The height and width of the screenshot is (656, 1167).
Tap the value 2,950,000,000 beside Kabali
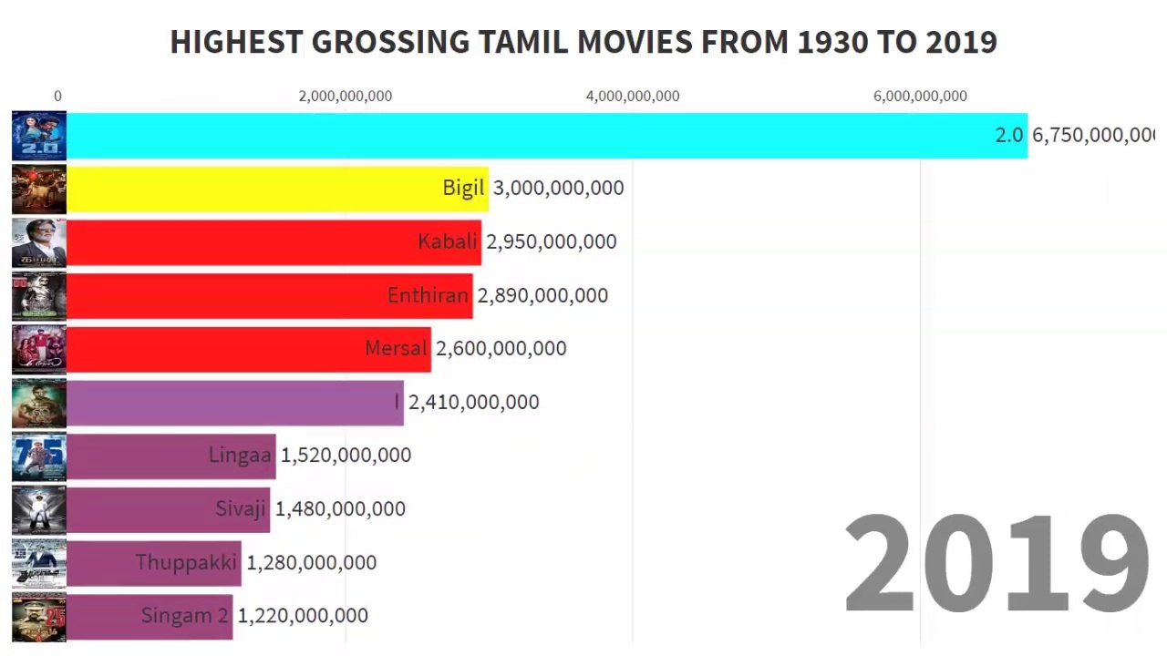click(x=551, y=241)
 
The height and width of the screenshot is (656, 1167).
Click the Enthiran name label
click(x=428, y=295)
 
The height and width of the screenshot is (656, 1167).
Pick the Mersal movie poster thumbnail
click(x=39, y=349)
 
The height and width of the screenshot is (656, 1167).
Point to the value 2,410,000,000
click(x=473, y=402)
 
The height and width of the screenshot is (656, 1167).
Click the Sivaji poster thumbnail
click(x=39, y=509)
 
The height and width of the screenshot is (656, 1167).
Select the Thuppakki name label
click(x=186, y=562)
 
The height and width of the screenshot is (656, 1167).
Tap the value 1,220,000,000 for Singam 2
click(x=303, y=616)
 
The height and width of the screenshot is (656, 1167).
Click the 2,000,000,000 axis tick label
click(x=346, y=97)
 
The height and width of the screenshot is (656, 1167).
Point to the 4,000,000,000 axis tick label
click(x=633, y=97)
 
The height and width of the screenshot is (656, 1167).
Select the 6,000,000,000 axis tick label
click(x=920, y=97)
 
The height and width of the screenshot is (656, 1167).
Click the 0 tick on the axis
click(x=58, y=97)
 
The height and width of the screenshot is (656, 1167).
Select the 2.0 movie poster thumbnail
click(x=39, y=136)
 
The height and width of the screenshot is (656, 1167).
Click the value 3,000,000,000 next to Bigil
click(x=558, y=189)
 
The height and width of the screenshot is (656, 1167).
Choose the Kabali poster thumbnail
click(x=39, y=242)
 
